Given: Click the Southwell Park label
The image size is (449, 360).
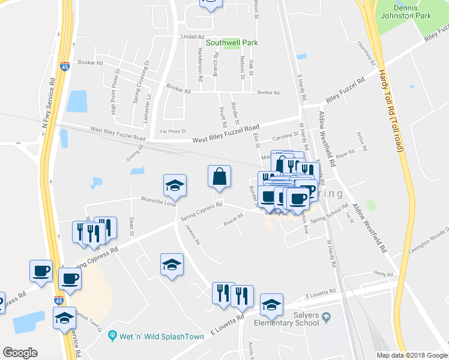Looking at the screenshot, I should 232,43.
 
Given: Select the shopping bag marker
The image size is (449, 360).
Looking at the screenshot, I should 219,177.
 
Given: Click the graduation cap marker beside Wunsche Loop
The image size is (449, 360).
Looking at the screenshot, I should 175,185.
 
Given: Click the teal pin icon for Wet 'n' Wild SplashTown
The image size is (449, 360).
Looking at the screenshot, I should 111,335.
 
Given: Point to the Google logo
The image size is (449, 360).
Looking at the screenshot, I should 20,353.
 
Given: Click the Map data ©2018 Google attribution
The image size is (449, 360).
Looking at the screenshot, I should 412,355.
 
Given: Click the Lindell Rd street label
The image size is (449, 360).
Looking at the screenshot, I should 193,37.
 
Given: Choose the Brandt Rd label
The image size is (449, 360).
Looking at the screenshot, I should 233,220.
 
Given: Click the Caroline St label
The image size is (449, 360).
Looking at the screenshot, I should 286,137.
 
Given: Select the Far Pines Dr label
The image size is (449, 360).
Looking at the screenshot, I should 173,131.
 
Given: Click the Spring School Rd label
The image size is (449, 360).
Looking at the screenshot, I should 337,213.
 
